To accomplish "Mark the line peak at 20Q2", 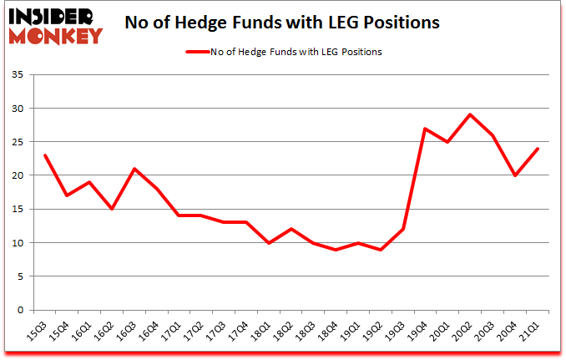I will click(x=471, y=114).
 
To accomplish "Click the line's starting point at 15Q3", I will click(x=46, y=155).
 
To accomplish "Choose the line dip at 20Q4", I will click(x=515, y=175).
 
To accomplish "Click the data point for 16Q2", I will click(x=111, y=209).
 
